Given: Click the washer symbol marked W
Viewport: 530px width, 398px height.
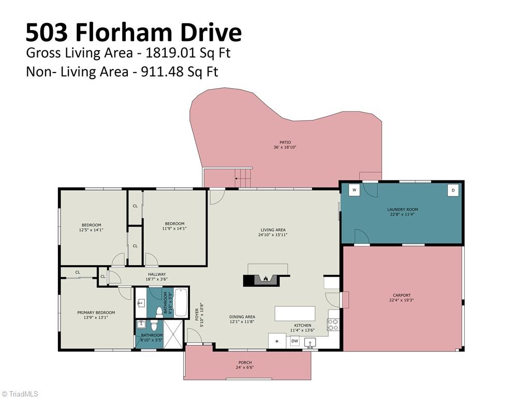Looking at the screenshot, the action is coord(354,190).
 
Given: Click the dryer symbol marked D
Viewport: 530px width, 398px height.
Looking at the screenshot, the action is coord(453,190).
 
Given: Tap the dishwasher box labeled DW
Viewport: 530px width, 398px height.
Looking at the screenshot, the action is coord(295,341).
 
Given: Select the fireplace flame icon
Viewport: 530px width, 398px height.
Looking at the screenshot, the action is coord(266,278).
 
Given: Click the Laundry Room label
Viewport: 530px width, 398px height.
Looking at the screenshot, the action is coord(403,209).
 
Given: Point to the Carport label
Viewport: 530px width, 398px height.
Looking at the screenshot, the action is coord(402,295).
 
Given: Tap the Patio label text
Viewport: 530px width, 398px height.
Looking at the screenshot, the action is coord(285,143).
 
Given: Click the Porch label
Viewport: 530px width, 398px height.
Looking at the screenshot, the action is coord(245,362).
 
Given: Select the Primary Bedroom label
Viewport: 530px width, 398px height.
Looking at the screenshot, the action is coord(96,312).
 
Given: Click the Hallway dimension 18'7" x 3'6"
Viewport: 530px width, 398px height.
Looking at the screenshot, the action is coord(156,279).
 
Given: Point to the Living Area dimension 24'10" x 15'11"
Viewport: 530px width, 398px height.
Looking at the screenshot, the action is coord(273,235).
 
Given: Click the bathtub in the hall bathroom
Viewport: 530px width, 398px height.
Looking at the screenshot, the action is coord(181,303).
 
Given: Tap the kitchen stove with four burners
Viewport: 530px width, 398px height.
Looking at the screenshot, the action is coord(333,324).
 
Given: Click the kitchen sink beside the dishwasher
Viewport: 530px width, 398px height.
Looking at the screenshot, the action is coord(310,343).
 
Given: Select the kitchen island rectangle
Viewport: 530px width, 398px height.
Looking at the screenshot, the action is coord(295,314).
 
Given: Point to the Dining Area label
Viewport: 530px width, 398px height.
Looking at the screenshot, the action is coord(242,317).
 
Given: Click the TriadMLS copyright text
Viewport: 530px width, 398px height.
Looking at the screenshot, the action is coord(19,394).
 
